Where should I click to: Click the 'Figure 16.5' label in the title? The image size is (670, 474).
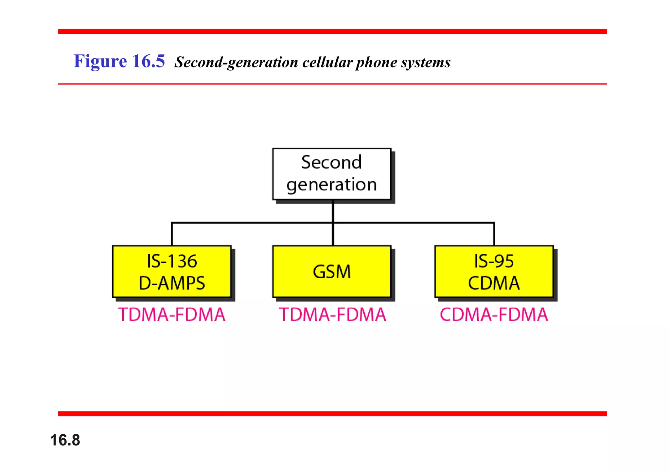point(119,61)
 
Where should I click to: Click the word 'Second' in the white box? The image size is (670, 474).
point(331,162)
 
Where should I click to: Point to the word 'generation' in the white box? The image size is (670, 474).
point(331,185)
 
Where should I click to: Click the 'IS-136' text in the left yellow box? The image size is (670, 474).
point(172,261)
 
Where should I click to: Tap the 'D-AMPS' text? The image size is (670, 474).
point(172,283)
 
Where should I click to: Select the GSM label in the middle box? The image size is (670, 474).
point(332,272)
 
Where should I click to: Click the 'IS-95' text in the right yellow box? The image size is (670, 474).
point(494,261)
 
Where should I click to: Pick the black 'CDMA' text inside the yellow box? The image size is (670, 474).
point(494,283)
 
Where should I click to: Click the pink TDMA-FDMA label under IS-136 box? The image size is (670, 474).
point(172,315)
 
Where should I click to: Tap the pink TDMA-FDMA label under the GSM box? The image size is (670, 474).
point(332,315)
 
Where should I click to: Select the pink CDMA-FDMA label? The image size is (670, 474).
point(494,315)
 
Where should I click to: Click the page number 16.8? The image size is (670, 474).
point(65,440)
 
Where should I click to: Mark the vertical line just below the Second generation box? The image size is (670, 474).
point(333,211)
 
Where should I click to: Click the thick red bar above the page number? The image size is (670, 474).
point(332,413)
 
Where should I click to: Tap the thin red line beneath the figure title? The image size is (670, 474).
point(332,84)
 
